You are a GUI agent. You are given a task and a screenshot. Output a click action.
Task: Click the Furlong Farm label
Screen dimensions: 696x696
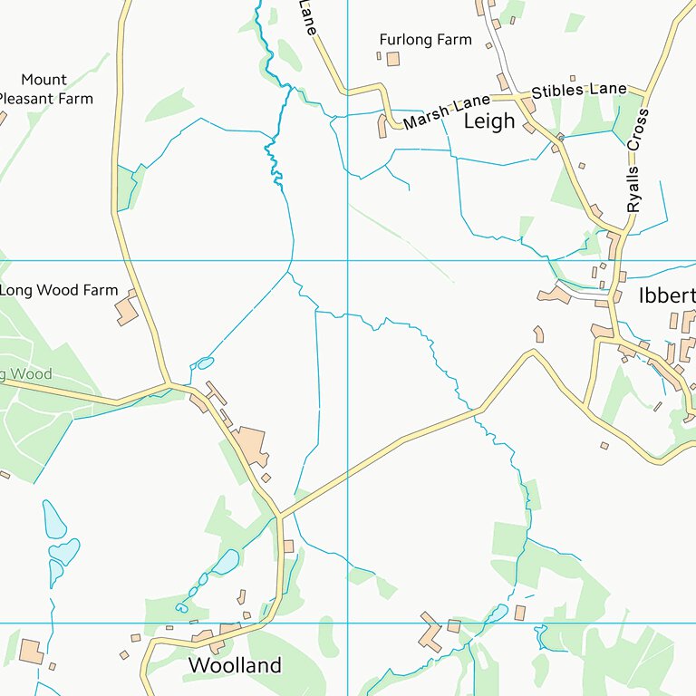[x=426, y=40]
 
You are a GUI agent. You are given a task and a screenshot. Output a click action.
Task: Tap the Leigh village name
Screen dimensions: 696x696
[x=489, y=121]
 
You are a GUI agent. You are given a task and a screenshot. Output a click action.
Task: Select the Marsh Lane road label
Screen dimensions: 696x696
[x=447, y=110]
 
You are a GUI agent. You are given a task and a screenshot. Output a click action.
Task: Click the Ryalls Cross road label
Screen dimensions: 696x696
[x=638, y=161]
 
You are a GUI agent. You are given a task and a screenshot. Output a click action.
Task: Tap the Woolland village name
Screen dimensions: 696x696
[x=235, y=665]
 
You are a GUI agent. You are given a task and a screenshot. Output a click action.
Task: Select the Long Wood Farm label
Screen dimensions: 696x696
[x=59, y=290]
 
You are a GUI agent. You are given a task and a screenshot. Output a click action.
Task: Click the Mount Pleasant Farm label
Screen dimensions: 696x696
[x=45, y=90]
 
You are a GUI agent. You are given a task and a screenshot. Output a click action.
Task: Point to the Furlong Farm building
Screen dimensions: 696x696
[x=392, y=59]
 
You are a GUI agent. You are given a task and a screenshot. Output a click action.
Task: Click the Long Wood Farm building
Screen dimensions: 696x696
[x=127, y=311]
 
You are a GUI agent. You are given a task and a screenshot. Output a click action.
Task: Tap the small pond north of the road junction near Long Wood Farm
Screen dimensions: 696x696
[x=205, y=363]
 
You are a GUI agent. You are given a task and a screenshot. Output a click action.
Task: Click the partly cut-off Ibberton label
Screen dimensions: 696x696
[x=667, y=296]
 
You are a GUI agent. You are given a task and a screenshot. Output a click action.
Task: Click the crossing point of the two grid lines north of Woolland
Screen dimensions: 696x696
[x=348, y=623]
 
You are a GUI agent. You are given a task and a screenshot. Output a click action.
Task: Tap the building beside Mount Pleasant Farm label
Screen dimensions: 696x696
[x=2, y=117]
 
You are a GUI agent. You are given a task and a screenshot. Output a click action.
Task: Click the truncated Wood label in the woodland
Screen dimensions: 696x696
[x=26, y=374]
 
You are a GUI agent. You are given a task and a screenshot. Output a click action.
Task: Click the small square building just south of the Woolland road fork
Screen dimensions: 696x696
[x=288, y=546]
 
